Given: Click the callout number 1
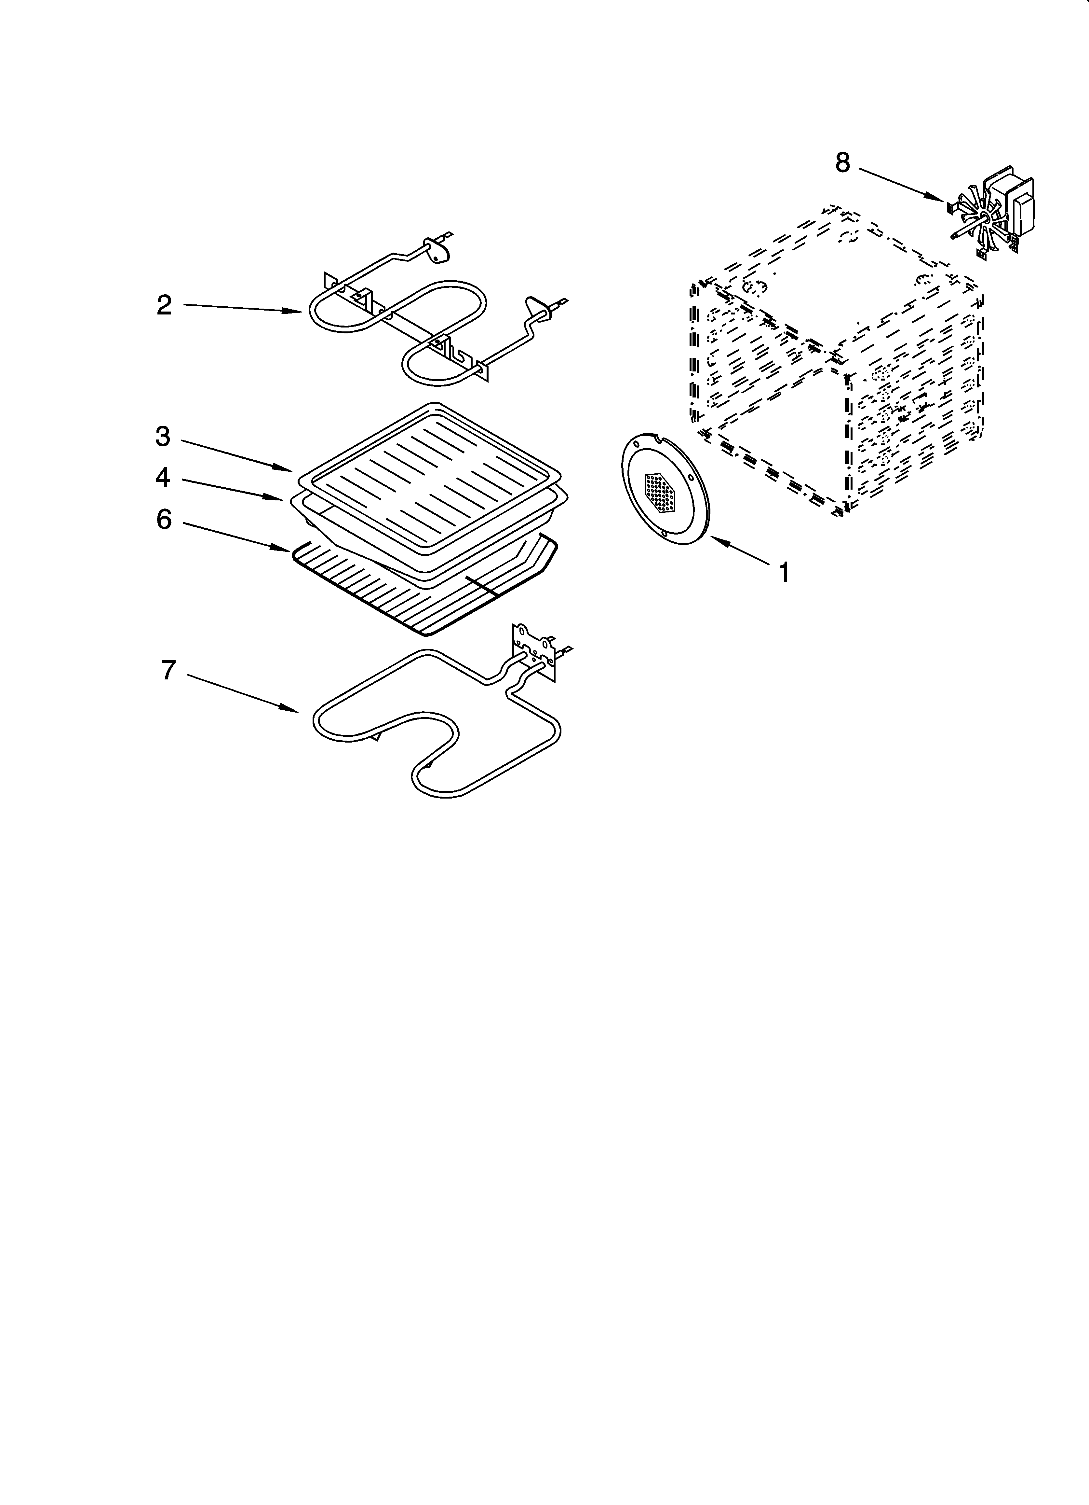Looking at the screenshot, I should pos(784,572).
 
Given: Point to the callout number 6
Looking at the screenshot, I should pos(164,520).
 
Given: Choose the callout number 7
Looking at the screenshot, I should pos(168,670).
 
